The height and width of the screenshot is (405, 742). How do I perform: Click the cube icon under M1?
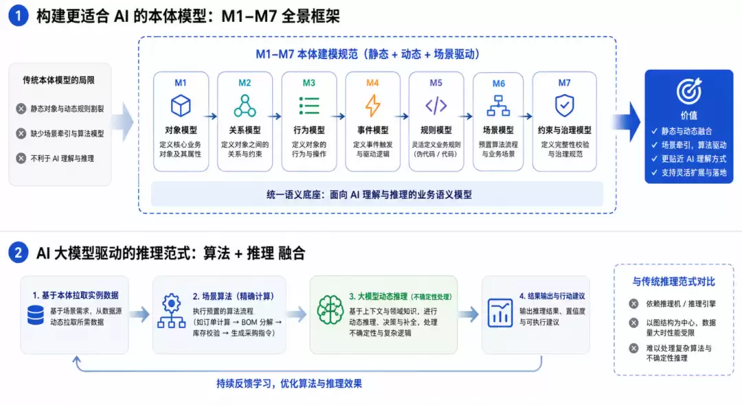point(181,106)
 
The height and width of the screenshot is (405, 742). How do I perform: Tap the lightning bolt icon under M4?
point(373,106)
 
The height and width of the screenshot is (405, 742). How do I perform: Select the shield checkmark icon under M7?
point(564,106)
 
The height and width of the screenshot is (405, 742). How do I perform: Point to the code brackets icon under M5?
point(436,106)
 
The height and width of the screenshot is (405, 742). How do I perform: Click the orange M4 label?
point(372,82)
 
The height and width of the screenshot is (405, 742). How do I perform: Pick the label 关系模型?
point(245,130)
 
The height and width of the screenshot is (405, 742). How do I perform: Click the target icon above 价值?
point(689,91)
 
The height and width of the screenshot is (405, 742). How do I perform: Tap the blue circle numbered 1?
point(19,16)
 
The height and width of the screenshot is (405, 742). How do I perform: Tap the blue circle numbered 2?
point(19,253)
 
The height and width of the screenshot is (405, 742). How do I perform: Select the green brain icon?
point(330,310)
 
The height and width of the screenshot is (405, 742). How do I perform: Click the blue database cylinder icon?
point(36,315)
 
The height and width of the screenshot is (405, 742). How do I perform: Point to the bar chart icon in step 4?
point(500,313)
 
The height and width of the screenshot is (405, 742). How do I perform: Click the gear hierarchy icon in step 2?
point(171,311)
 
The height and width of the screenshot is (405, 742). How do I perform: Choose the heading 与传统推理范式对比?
point(673,281)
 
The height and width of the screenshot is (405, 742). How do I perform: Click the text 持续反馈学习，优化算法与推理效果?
point(289,383)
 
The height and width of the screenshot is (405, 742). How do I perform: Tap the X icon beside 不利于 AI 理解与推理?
point(21,159)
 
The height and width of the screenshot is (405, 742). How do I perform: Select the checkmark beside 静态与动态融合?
point(655,131)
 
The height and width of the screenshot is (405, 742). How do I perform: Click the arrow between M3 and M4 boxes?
point(338,116)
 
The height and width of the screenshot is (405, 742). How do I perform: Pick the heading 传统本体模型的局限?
point(58,80)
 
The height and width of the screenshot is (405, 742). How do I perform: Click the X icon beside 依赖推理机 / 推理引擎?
point(633,304)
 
